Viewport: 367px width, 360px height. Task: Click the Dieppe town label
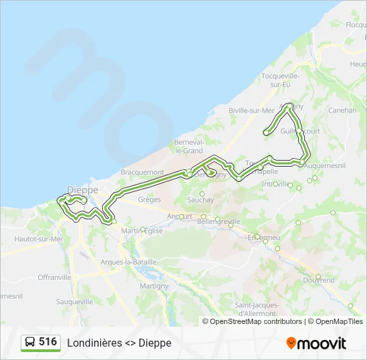[x=83, y=190]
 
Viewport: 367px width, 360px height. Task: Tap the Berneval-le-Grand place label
[x=189, y=147]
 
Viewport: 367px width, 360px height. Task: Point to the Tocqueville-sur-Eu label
[x=281, y=80]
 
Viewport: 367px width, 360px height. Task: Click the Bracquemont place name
[x=142, y=172]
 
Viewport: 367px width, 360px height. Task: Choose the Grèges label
[x=149, y=199]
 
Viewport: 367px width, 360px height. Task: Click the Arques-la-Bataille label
[x=128, y=262]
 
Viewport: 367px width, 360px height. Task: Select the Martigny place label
[x=154, y=285]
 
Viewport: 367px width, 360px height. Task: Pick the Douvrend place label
[x=319, y=281]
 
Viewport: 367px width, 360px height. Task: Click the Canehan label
[x=342, y=111]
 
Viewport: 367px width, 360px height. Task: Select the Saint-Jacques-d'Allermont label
[x=256, y=309]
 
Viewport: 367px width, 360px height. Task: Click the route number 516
[x=47, y=342]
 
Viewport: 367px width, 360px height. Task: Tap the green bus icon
[x=29, y=343]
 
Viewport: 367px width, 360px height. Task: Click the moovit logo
[x=316, y=343]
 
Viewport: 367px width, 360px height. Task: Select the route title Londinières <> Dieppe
[x=119, y=343]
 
